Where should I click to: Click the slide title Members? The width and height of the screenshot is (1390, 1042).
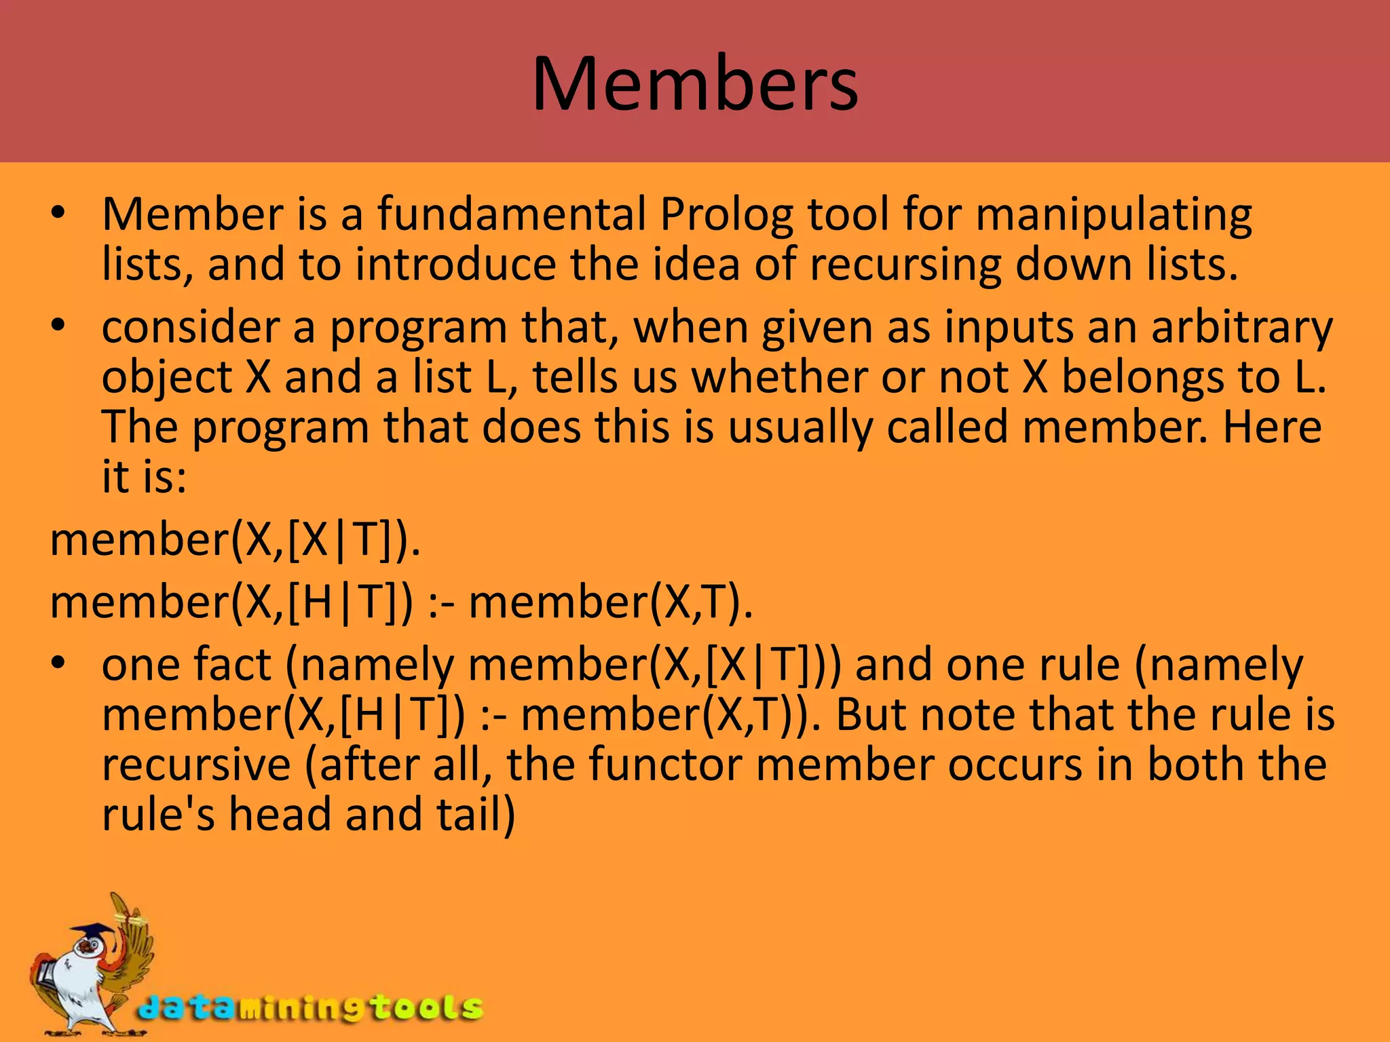695,84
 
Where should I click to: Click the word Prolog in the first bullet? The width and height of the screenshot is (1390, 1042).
726,214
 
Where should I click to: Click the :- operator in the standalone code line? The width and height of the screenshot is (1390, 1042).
441,602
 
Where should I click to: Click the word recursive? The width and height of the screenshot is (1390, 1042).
196,765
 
